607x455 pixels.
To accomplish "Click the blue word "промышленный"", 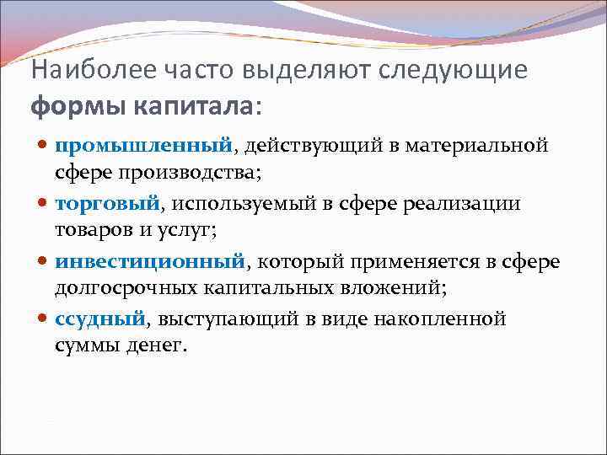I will tap(143, 146).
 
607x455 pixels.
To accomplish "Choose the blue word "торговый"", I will tap(107, 203).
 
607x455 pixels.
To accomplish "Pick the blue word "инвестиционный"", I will tap(150, 261).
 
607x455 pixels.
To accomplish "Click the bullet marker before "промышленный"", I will tap(44, 147).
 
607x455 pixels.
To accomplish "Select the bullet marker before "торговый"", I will tap(44, 204).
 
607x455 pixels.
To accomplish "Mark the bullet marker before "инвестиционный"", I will tap(44, 262).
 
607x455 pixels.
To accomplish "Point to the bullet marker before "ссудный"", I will tap(44, 319).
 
